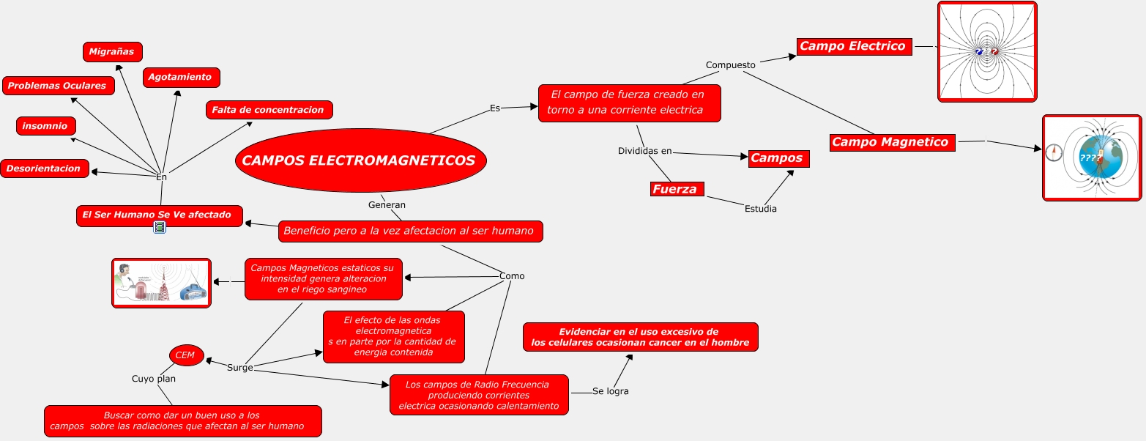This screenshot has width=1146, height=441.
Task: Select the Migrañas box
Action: click(x=112, y=52)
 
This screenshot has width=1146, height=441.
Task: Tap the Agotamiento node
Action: click(x=180, y=77)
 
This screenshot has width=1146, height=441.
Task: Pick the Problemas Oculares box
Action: click(x=58, y=86)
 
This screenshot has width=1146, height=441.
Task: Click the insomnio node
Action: click(x=45, y=126)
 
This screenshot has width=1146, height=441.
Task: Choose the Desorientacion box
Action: click(x=44, y=168)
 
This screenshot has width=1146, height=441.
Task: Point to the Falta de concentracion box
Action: click(x=269, y=110)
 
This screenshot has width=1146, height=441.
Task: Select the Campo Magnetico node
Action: click(x=892, y=142)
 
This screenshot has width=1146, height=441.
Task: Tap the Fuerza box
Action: click(x=677, y=189)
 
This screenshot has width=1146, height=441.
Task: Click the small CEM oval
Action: click(x=186, y=355)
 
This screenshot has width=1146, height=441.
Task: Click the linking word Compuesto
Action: click(x=730, y=65)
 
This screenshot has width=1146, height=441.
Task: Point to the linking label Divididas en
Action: click(x=644, y=151)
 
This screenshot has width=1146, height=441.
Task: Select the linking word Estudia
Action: click(x=760, y=209)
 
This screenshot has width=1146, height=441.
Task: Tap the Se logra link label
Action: click(x=610, y=391)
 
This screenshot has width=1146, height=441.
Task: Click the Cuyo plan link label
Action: click(x=154, y=379)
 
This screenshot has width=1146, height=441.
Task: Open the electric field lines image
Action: click(x=986, y=51)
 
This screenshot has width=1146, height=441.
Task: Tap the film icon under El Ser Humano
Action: click(x=160, y=228)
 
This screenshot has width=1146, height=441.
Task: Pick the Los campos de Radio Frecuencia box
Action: click(x=478, y=395)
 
